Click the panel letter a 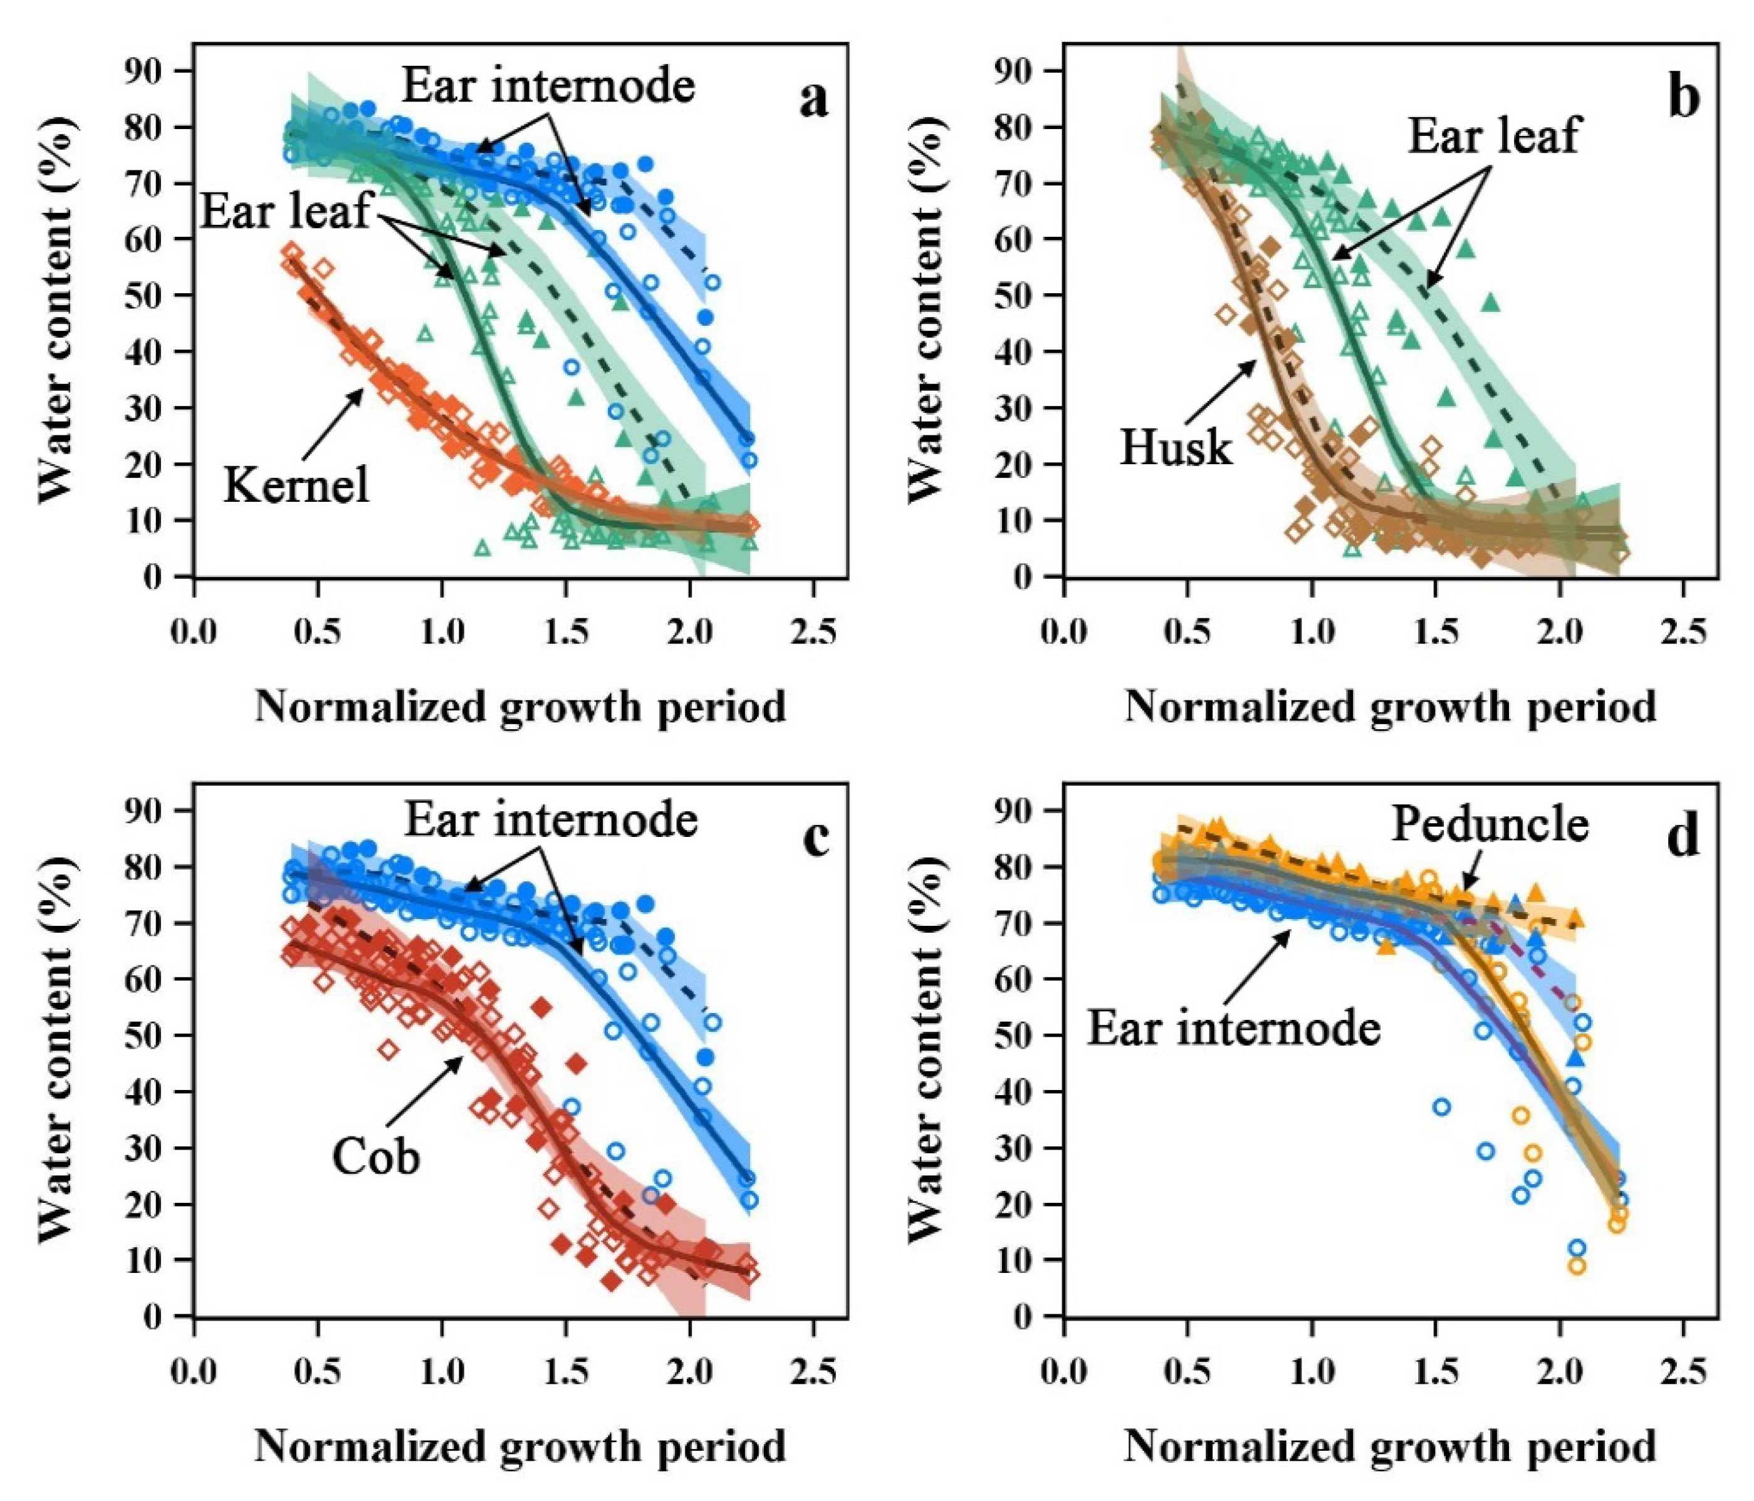point(813,100)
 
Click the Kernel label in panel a point(296,486)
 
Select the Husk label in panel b point(1176,447)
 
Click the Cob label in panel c point(376,1156)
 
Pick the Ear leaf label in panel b point(1494,135)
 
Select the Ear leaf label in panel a point(286,210)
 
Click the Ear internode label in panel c point(551,819)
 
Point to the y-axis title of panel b point(924,309)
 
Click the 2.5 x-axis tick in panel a point(813,632)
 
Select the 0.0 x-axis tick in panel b point(1064,632)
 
